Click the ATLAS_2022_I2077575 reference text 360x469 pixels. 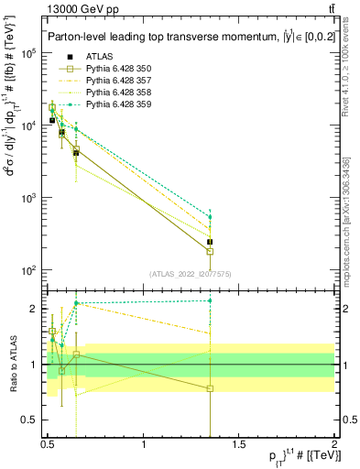click(x=191, y=274)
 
